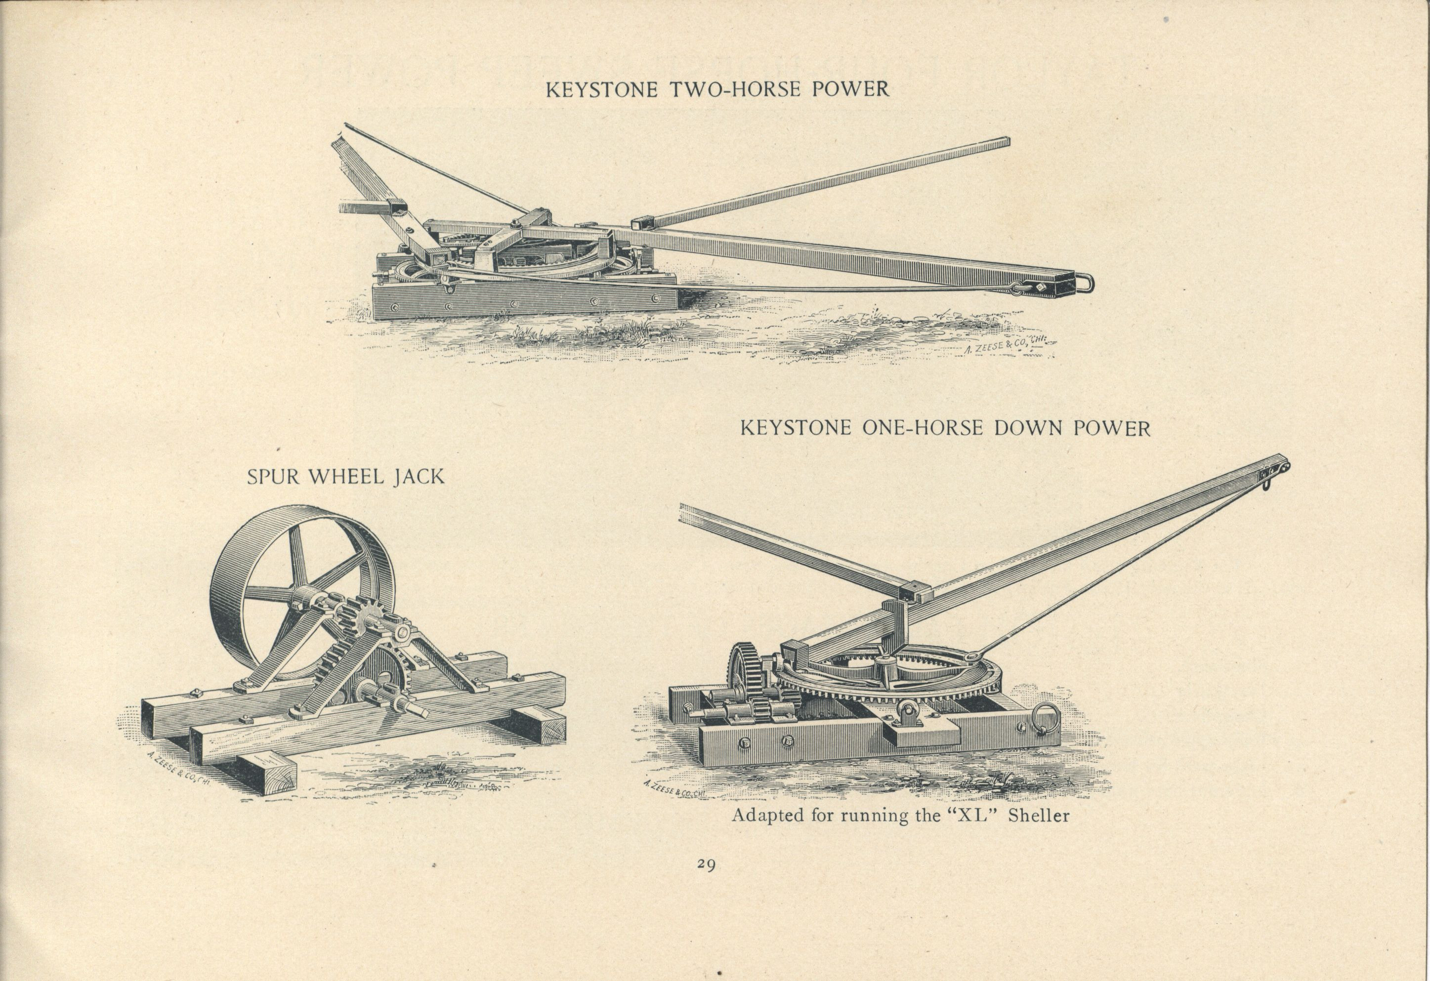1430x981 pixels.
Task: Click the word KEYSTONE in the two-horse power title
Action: pyautogui.click(x=602, y=89)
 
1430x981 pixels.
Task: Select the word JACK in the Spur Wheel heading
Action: pyautogui.click(x=419, y=477)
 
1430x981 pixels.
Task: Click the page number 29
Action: pyautogui.click(x=706, y=864)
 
